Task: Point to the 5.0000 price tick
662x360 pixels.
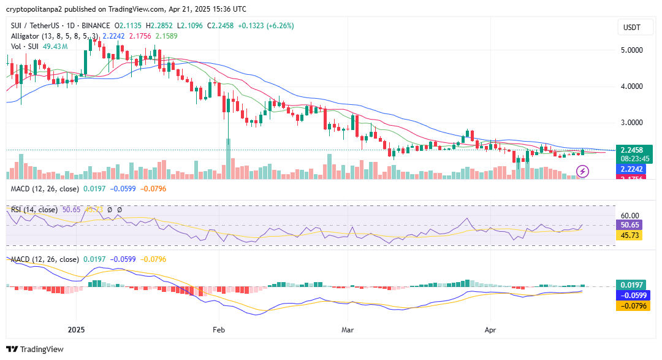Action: click(x=632, y=50)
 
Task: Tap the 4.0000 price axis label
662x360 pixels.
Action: click(x=632, y=86)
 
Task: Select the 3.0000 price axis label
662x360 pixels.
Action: click(x=632, y=123)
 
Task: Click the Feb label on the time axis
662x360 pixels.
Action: click(x=218, y=329)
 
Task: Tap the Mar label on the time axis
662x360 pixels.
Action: click(x=348, y=329)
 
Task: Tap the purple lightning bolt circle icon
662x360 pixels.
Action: click(x=582, y=171)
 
